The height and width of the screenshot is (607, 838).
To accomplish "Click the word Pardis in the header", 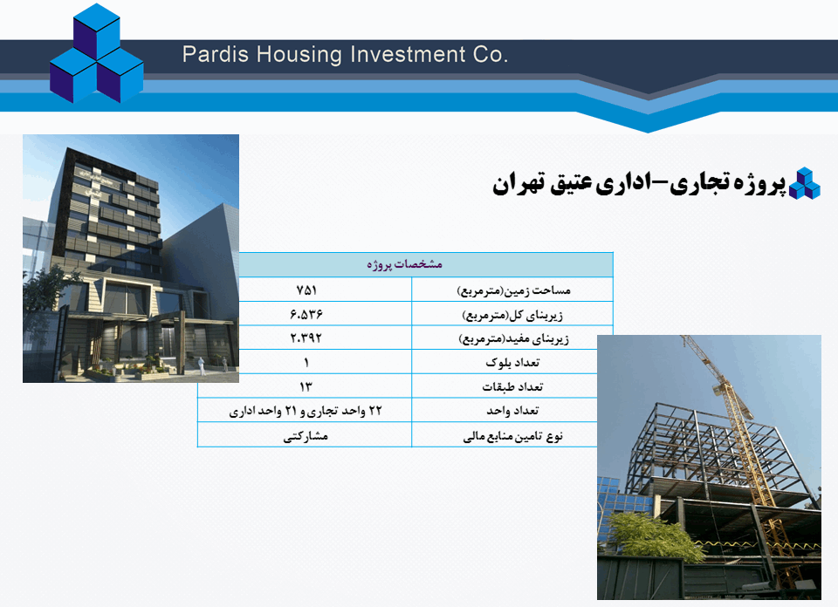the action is pos(216,55).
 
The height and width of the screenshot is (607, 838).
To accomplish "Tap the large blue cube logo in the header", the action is pos(97,53).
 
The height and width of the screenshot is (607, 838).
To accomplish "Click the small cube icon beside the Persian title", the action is pos(804,184).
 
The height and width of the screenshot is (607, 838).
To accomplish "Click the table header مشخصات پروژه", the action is pos(404,264).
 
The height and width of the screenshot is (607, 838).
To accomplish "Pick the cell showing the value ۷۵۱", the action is pos(306,290).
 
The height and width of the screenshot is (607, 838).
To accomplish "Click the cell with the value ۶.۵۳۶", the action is pos(306,314).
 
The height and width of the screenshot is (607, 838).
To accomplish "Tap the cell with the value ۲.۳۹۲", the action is pos(306,338).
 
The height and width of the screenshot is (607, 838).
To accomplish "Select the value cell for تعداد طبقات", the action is pos(306,386).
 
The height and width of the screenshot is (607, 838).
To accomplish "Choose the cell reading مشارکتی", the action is pos(306,436).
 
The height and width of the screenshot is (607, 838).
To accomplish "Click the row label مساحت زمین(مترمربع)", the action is pos(513,290).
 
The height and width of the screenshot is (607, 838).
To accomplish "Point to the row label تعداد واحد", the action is pos(512,411).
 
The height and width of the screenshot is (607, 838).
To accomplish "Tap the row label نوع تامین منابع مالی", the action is pos(513,436).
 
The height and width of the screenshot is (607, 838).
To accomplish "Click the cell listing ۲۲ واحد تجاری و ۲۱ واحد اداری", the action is pos(306,411).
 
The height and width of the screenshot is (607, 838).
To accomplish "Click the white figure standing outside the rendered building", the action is pos(202,365).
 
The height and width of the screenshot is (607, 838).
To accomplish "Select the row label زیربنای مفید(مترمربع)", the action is pos(513,338).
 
